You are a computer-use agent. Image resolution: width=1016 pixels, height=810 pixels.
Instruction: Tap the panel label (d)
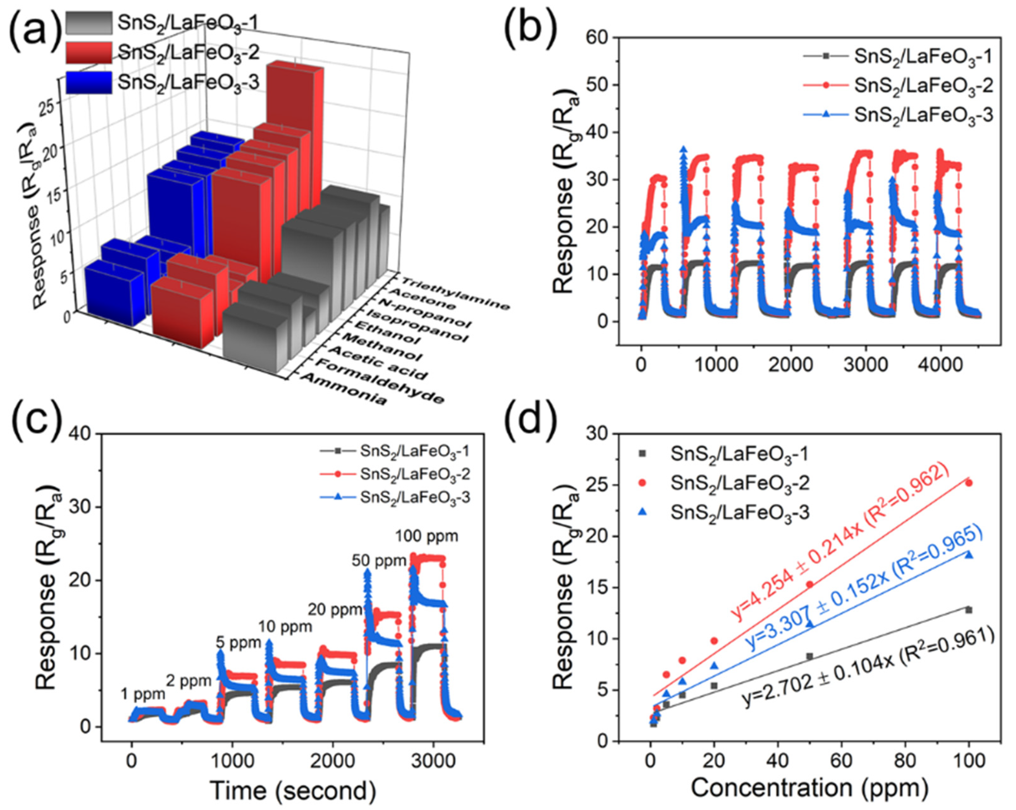[531, 421]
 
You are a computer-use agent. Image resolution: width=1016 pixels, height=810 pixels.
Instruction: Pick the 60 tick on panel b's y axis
[597, 37]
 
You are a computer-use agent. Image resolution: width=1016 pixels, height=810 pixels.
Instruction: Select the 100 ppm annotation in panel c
[426, 536]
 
